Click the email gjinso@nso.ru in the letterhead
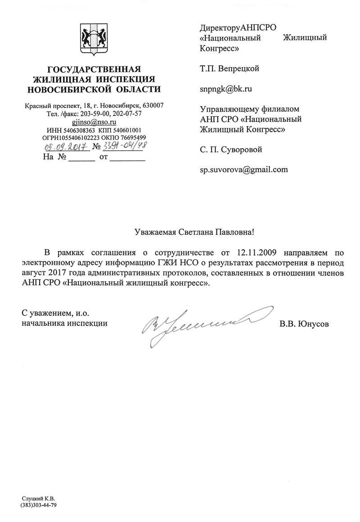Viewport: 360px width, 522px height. pos(94,121)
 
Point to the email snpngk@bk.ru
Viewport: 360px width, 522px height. pos(226,89)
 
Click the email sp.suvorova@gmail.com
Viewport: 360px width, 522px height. pos(243,170)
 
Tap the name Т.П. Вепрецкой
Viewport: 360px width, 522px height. pos(229,69)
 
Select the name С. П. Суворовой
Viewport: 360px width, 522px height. pos(231,149)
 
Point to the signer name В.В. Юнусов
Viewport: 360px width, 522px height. pos(304,324)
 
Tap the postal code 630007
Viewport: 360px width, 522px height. pos(153,105)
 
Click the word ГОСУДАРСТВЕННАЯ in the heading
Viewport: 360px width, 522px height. pos(94,69)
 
